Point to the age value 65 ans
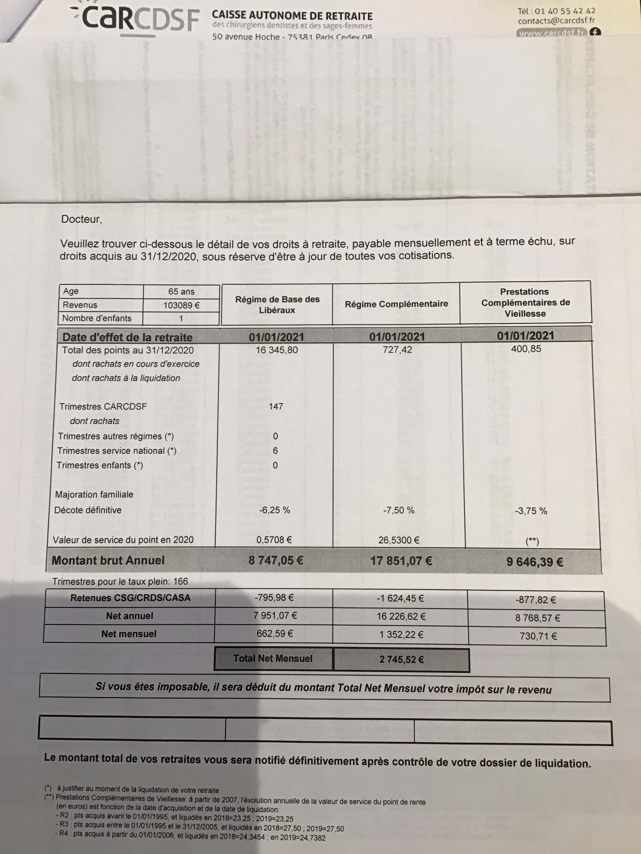pos(181,291)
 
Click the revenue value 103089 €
pos(181,305)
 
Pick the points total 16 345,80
pos(277,350)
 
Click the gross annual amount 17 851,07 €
pos(401,561)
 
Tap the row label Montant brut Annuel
pos(108,560)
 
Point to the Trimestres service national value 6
pos(275,451)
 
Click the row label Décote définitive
pos(88,510)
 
